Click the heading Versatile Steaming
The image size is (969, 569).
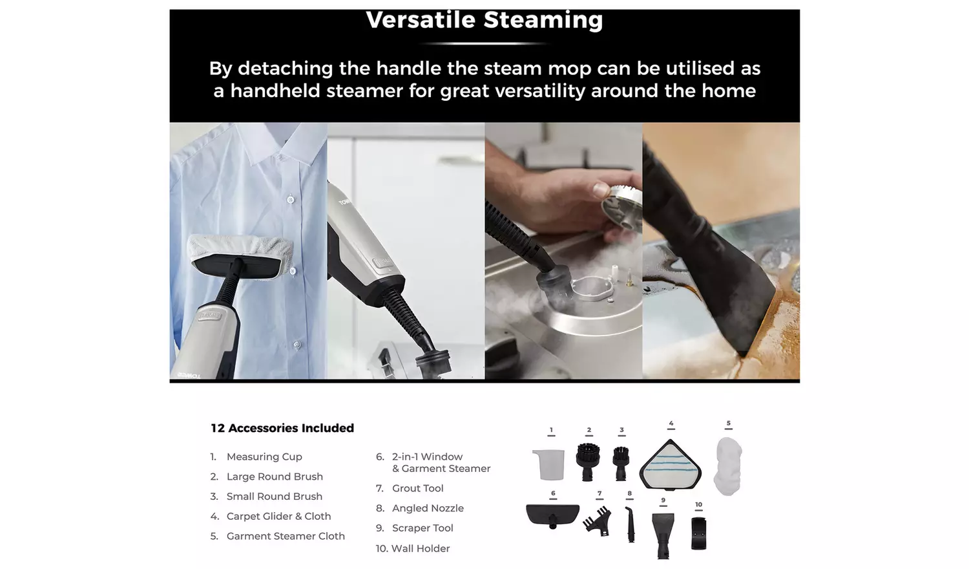point(484,20)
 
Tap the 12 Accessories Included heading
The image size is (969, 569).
point(282,428)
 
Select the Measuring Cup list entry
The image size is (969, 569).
point(264,456)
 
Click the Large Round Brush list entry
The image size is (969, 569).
point(275,477)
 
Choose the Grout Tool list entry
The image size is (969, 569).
point(417,488)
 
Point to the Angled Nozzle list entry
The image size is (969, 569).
point(428,508)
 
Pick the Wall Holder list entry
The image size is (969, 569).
point(420,548)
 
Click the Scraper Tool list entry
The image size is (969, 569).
point(422,528)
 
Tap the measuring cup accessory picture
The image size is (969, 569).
point(549,464)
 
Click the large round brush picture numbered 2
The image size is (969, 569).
point(588,461)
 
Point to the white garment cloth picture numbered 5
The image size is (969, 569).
point(728,466)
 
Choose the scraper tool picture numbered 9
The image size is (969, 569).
point(663,533)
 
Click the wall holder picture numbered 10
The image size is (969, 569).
point(698,533)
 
